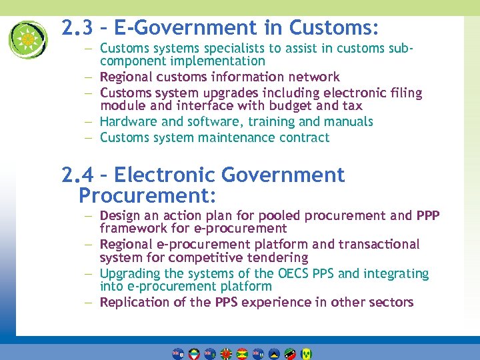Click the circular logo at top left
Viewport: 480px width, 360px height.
coord(28,39)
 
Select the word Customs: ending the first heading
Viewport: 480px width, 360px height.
coord(334,28)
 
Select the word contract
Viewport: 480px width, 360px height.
coord(304,138)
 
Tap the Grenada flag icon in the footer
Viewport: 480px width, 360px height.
coord(241,353)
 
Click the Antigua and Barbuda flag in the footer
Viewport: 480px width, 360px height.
coord(193,353)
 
